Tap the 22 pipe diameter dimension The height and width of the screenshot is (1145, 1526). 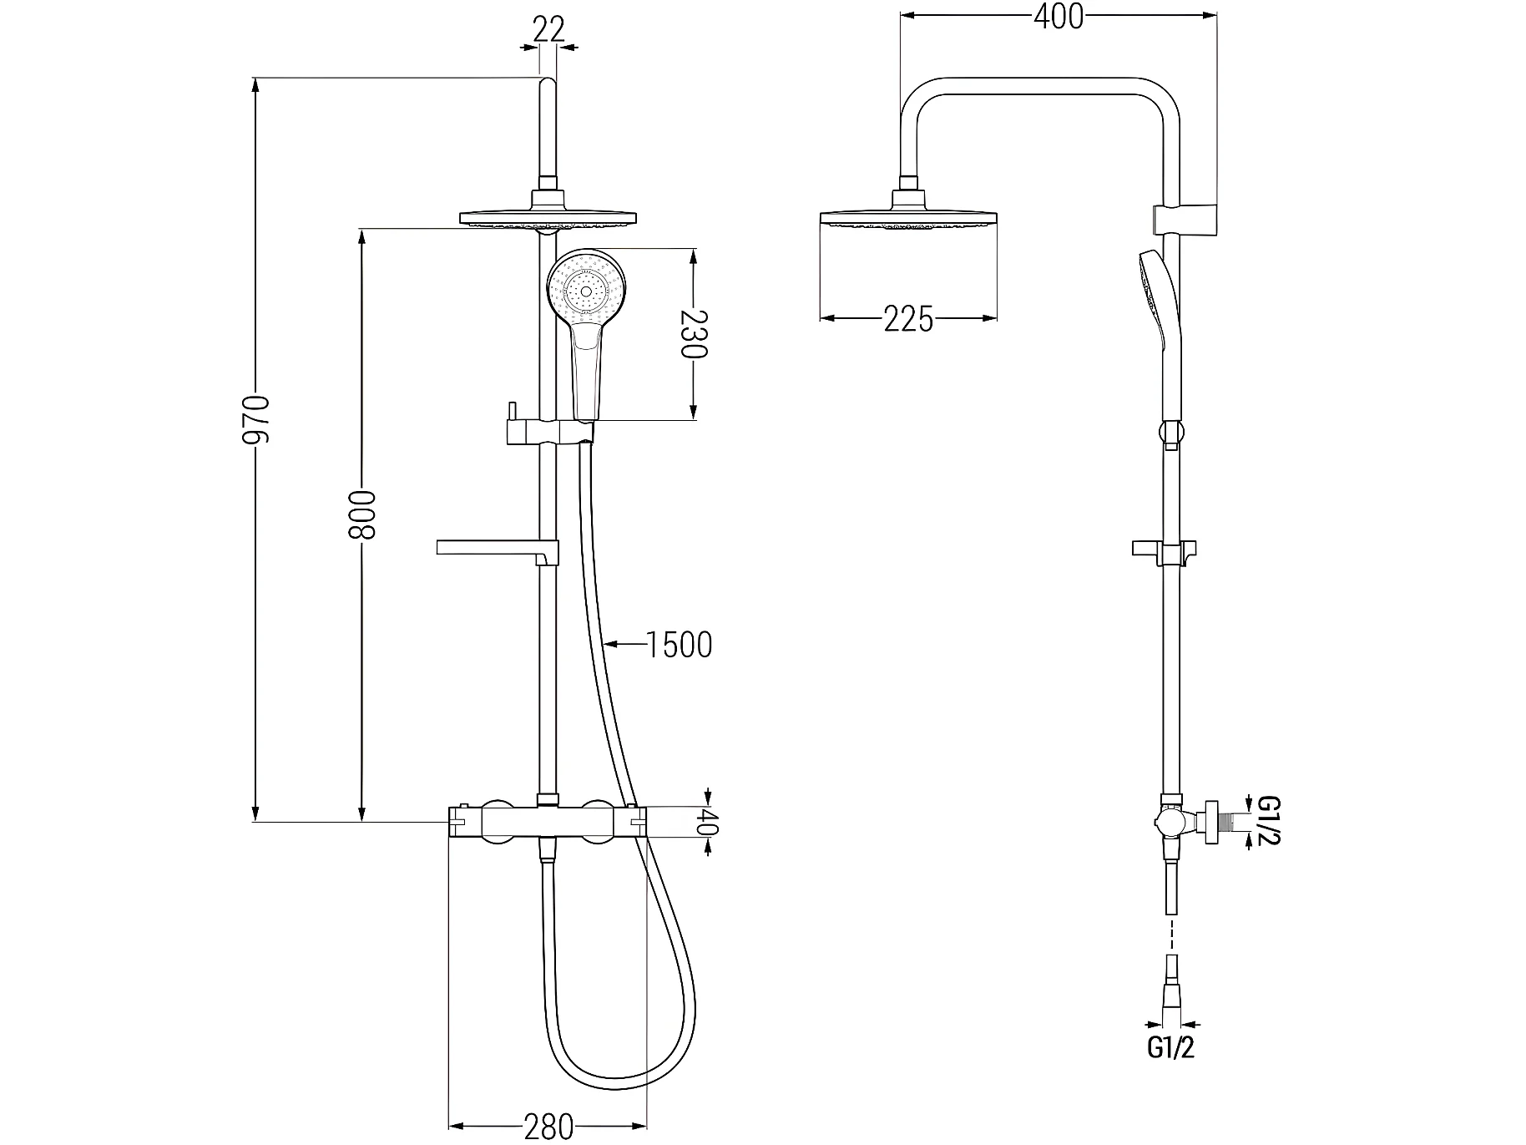click(548, 30)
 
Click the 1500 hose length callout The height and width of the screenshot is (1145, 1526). click(680, 644)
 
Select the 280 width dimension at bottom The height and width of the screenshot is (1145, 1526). click(548, 1127)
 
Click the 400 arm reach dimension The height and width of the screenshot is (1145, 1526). click(1058, 17)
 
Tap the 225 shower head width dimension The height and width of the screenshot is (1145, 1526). click(909, 319)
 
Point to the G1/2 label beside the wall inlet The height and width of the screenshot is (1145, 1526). click(1267, 821)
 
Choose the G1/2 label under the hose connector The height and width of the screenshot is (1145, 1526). click(1171, 1047)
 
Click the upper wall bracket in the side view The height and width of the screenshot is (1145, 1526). click(1184, 218)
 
